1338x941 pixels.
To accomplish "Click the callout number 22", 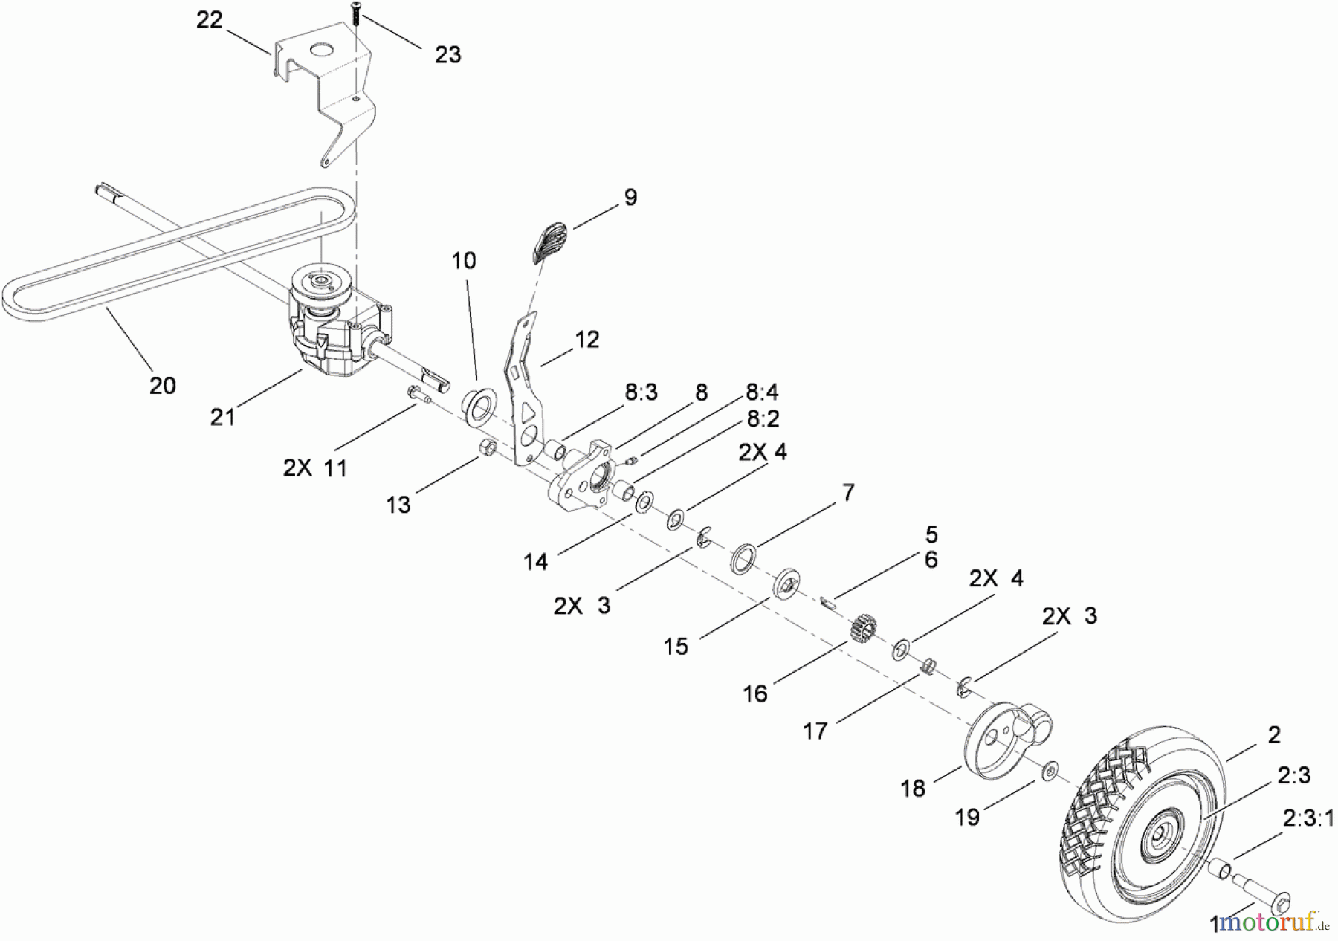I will [x=209, y=20].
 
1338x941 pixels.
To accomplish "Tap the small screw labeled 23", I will [x=355, y=13].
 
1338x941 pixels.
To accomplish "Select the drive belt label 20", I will [x=162, y=385].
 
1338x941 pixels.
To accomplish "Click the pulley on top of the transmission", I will [x=320, y=281].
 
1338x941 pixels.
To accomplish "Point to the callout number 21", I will [x=222, y=417].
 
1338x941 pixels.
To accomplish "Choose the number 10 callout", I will [x=463, y=261].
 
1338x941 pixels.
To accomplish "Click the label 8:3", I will [x=641, y=392].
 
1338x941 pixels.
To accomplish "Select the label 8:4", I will [x=763, y=392].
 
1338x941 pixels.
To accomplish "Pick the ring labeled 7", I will [x=744, y=559].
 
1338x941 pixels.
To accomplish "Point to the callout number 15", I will [x=676, y=646].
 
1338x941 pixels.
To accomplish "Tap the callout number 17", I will [x=815, y=731].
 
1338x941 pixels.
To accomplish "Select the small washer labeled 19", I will [x=1050, y=772].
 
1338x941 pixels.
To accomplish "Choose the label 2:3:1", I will [x=1308, y=818].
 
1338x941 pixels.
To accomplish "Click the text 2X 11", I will [x=314, y=468].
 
